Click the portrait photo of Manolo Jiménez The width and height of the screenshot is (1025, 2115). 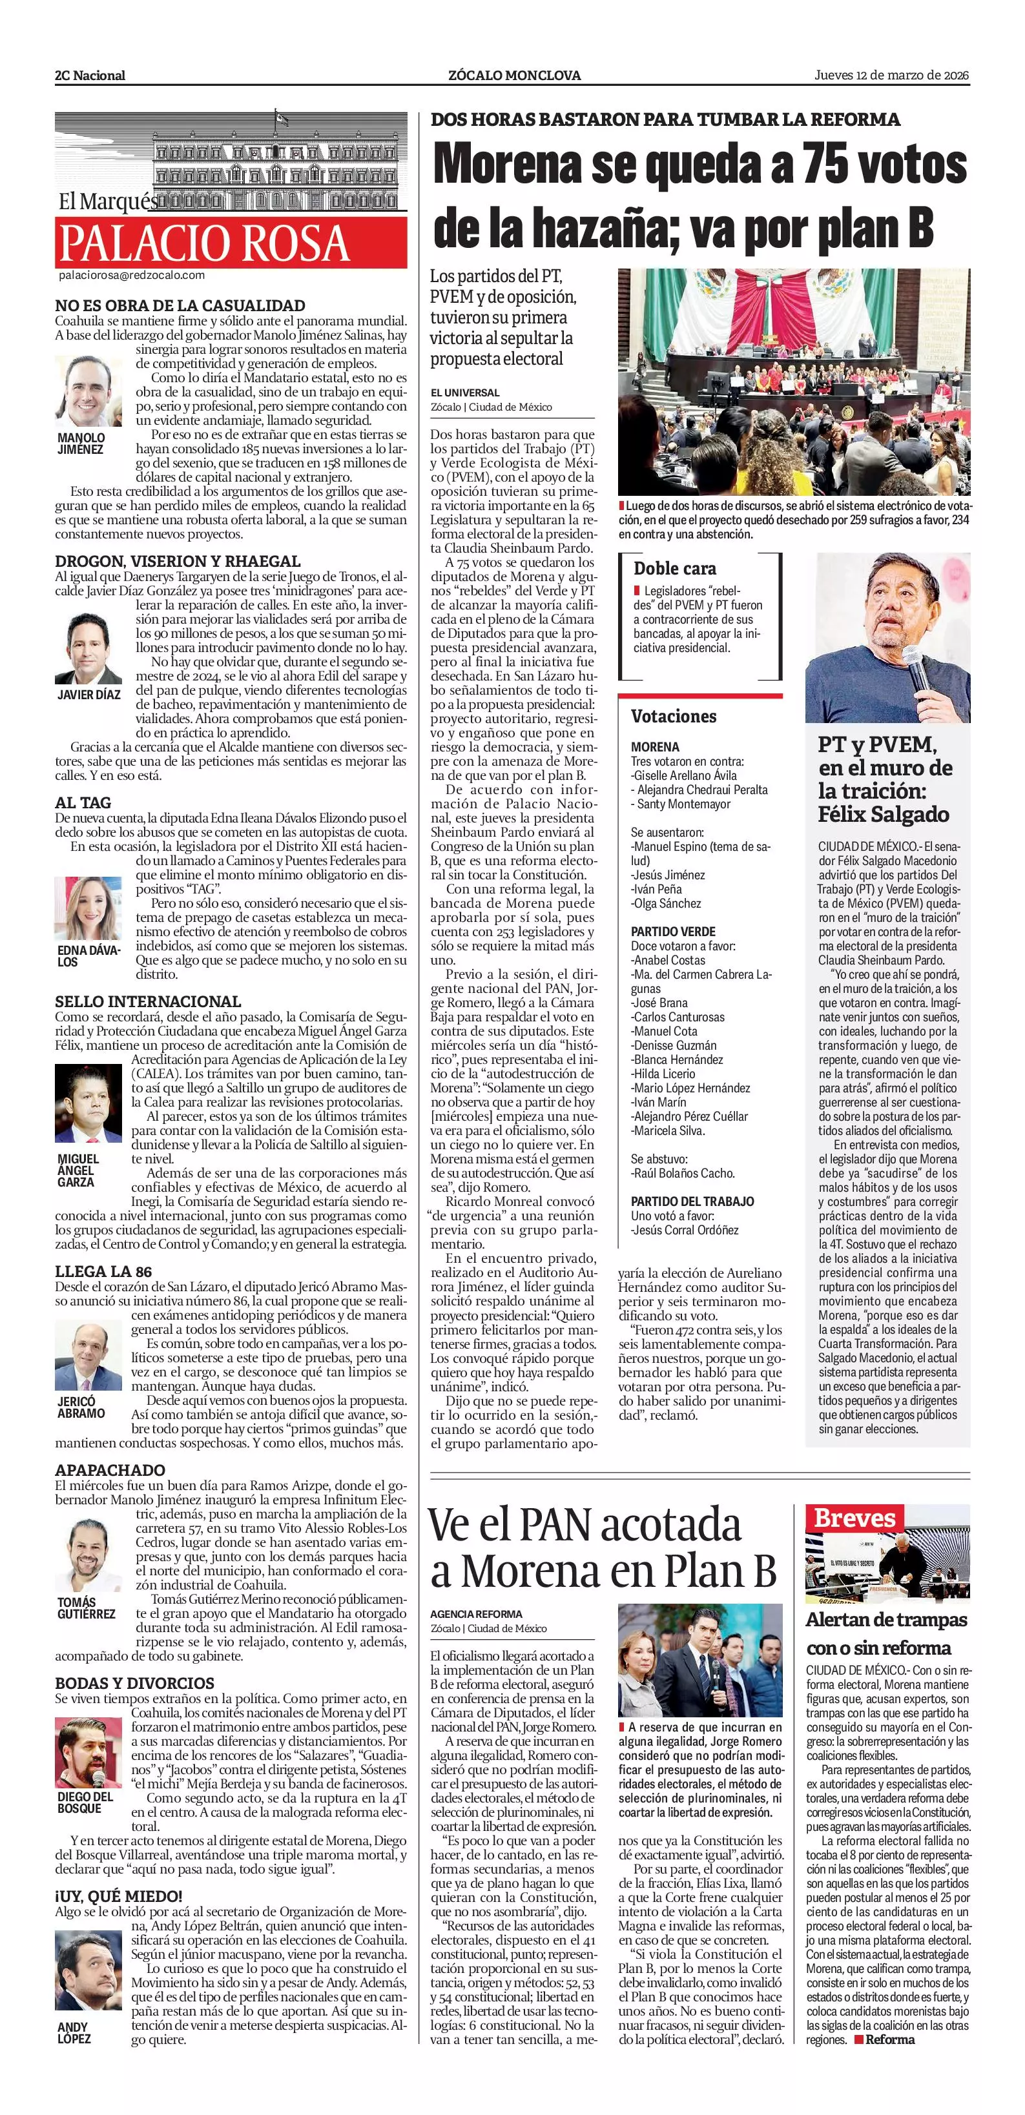pos(88,391)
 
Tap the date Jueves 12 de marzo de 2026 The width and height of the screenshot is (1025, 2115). pos(892,75)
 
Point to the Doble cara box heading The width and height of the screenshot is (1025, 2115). pos(674,568)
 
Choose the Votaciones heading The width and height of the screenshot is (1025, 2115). pos(674,716)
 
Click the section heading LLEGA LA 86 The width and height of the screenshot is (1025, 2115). pos(103,1272)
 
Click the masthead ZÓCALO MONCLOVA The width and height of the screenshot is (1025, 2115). pos(514,76)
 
